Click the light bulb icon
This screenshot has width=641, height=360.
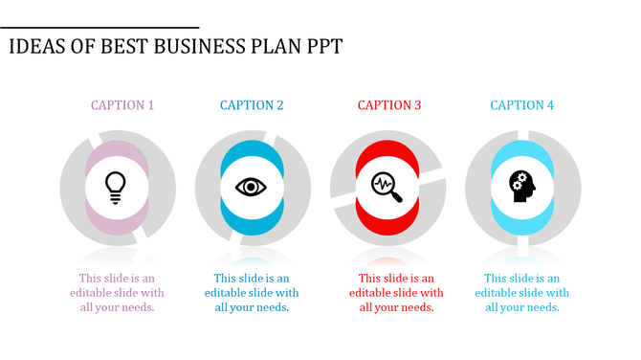[x=116, y=186]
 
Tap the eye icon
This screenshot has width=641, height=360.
[x=251, y=186]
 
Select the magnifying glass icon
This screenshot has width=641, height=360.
[x=387, y=186]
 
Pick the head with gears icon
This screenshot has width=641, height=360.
[x=521, y=185]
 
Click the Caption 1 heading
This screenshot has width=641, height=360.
[x=122, y=105]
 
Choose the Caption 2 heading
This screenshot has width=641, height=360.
[x=252, y=105]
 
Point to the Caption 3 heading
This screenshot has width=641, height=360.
[x=389, y=105]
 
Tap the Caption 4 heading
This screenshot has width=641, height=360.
[x=522, y=105]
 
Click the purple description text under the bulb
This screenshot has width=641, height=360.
[x=116, y=292]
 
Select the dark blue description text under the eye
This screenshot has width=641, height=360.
[x=252, y=292]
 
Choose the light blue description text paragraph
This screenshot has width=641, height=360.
[x=522, y=292]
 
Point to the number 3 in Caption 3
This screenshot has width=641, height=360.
[x=417, y=105]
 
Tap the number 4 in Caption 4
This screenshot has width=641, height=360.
[x=550, y=105]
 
